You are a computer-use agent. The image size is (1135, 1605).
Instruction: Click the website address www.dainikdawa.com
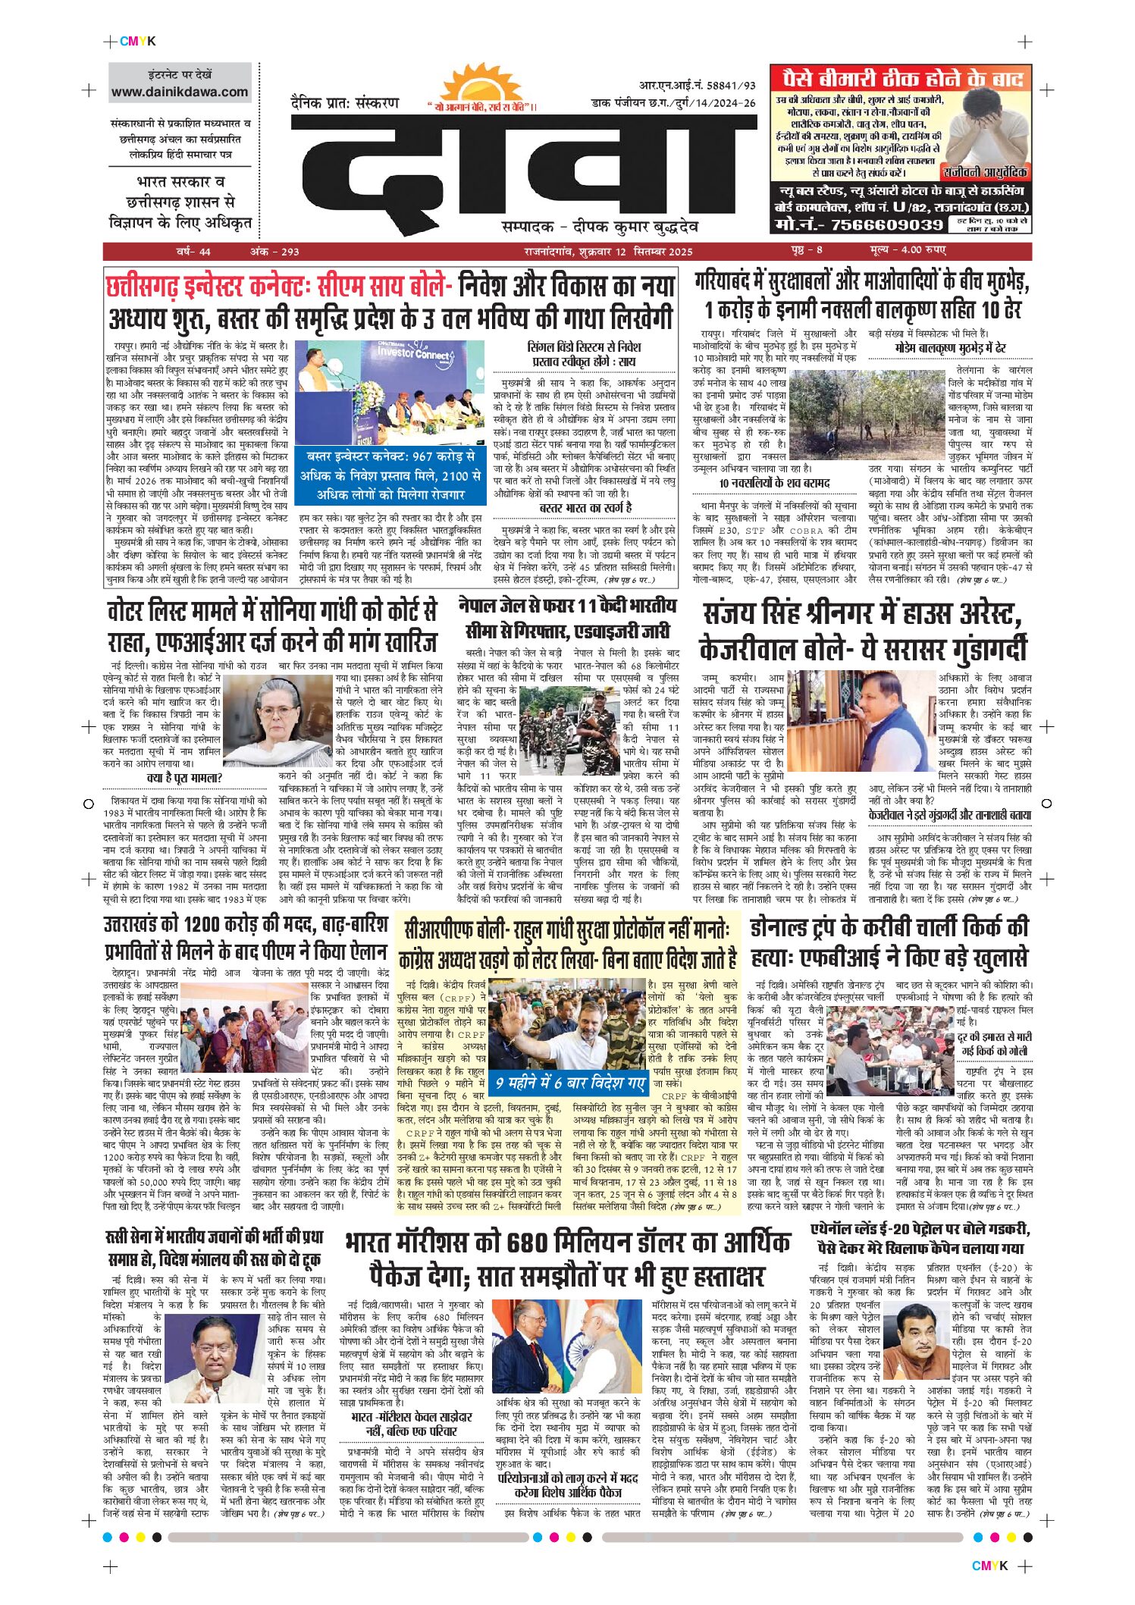tap(180, 92)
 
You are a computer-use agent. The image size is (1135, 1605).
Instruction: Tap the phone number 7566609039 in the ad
tap(859, 225)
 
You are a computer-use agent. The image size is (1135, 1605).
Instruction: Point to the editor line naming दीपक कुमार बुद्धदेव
tap(599, 227)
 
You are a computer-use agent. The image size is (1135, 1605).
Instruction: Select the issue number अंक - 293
tap(274, 252)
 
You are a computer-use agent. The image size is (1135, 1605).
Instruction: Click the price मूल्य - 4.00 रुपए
tap(907, 251)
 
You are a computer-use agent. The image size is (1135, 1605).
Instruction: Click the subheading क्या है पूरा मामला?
tap(183, 778)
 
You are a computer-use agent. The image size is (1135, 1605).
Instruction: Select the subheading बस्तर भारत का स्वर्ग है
tap(585, 507)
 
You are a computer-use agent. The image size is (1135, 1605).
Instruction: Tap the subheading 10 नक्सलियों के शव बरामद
tap(774, 483)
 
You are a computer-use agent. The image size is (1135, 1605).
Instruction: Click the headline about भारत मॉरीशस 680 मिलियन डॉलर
tap(567, 1260)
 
